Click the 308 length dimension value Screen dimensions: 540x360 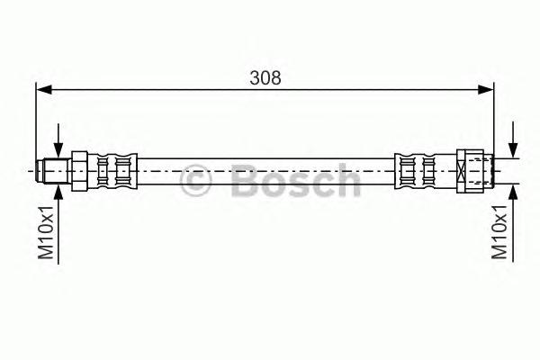click(265, 78)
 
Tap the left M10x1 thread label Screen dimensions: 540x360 click(46, 232)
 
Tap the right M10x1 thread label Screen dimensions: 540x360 click(499, 232)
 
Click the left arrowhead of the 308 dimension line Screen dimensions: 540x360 click(44, 90)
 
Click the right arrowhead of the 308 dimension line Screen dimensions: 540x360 click(486, 90)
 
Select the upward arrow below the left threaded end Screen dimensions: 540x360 click(58, 224)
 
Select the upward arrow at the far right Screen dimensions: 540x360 click(513, 222)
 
